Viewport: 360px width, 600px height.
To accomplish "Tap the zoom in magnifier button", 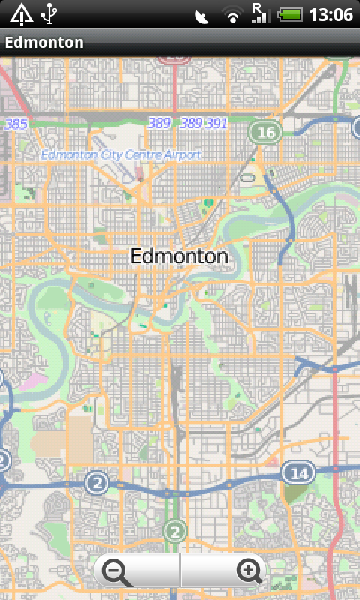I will (x=250, y=572).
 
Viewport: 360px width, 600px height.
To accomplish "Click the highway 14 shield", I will (x=298, y=472).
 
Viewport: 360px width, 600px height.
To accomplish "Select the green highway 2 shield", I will (x=174, y=532).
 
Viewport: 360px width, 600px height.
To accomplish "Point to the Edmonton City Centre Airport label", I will (x=121, y=155).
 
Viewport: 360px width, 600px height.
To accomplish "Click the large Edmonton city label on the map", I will (x=178, y=256).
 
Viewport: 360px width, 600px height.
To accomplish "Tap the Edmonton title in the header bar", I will (x=44, y=43).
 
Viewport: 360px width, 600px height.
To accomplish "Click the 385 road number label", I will (x=16, y=124).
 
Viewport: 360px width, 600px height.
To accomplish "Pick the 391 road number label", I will (x=216, y=123).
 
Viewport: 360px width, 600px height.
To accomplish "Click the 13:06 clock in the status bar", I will (x=331, y=14).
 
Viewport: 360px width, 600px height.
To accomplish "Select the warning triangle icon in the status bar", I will (x=21, y=13).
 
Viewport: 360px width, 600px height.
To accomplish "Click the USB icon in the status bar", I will (x=50, y=13).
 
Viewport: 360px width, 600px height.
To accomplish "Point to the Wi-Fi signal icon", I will (x=233, y=15).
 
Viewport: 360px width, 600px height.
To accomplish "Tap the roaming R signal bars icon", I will (x=260, y=13).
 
